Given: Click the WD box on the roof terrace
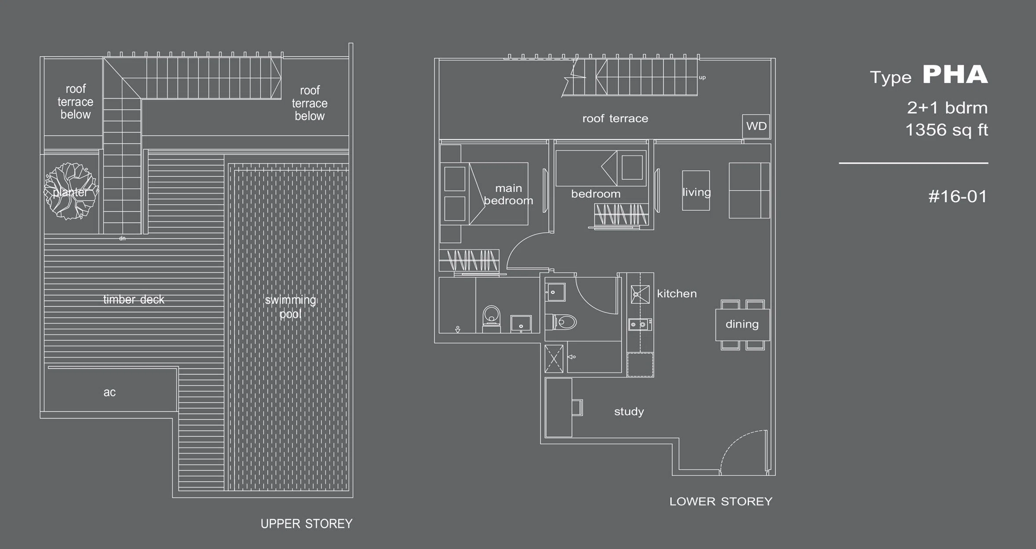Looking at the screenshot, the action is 756,127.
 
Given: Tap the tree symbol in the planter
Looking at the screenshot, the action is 70,191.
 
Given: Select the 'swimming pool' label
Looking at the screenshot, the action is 291,307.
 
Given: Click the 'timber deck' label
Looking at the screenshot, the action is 134,300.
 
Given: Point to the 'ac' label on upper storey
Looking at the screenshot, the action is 109,392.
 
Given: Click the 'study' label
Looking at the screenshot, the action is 629,411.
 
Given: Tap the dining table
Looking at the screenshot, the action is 742,324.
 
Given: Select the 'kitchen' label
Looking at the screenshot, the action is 677,293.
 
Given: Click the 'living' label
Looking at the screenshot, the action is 697,192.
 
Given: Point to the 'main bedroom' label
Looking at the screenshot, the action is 508,194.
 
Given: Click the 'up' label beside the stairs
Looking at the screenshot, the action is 702,78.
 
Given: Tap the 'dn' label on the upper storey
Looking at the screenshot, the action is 122,238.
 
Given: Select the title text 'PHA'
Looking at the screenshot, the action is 955,75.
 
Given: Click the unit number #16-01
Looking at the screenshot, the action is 958,196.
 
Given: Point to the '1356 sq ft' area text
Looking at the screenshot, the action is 947,130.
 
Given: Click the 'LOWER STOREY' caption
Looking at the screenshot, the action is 721,502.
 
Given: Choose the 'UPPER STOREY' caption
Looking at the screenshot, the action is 306,524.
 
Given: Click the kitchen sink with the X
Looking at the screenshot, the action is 640,294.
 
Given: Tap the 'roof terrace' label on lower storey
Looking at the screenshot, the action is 615,119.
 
